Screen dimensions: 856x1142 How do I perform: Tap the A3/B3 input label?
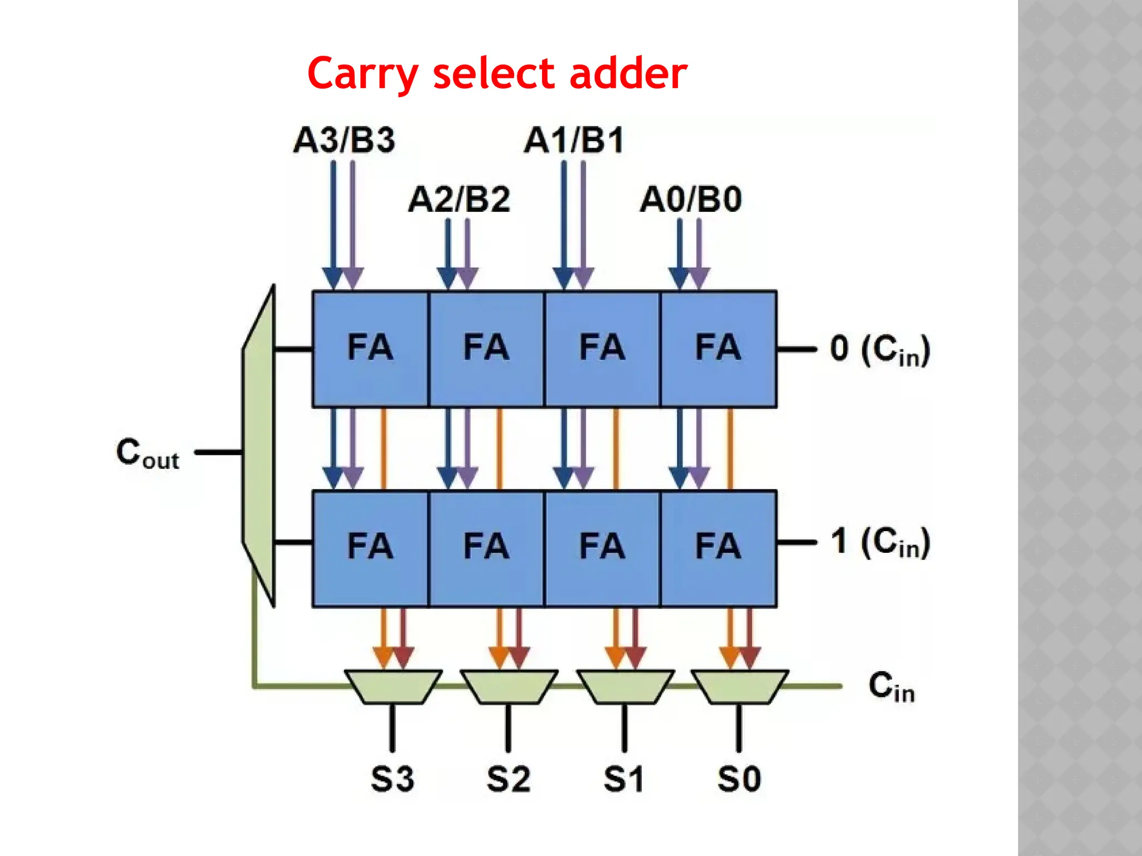click(x=344, y=140)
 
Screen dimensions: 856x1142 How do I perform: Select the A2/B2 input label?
click(x=459, y=200)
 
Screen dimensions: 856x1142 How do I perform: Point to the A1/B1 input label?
click(x=574, y=140)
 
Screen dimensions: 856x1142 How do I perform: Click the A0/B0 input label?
click(x=690, y=200)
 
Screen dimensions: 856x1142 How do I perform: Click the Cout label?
click(x=148, y=453)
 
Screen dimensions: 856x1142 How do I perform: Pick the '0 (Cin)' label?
click(x=879, y=350)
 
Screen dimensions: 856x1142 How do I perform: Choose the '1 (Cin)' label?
click(x=879, y=542)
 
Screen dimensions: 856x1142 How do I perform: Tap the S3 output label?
click(x=392, y=779)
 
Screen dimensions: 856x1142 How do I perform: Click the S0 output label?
click(x=739, y=779)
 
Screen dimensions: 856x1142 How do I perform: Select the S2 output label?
click(x=508, y=779)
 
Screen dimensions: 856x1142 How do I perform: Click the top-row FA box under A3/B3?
click(x=370, y=349)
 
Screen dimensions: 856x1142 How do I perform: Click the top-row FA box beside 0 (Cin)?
click(x=718, y=349)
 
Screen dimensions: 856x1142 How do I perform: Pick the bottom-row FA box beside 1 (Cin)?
click(x=718, y=548)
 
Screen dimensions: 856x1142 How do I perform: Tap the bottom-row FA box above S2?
click(x=486, y=548)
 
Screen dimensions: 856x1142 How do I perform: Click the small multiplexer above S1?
click(x=625, y=687)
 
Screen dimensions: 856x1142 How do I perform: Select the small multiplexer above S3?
click(x=393, y=687)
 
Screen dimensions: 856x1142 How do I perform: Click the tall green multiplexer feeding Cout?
click(x=259, y=446)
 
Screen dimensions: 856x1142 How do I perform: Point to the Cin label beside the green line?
click(x=891, y=687)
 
